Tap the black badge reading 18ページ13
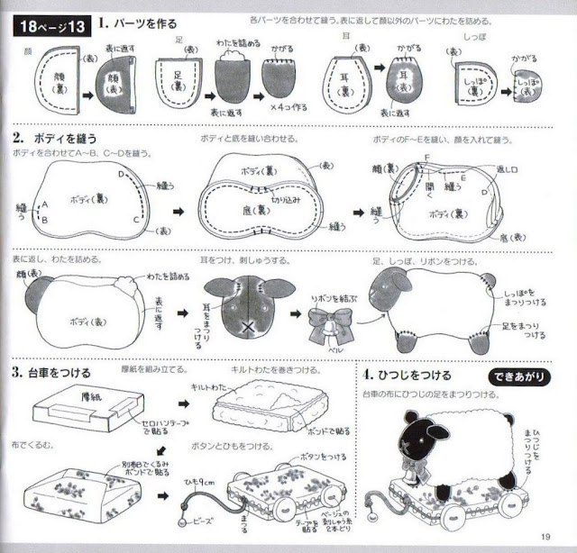51,26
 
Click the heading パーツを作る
144,23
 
